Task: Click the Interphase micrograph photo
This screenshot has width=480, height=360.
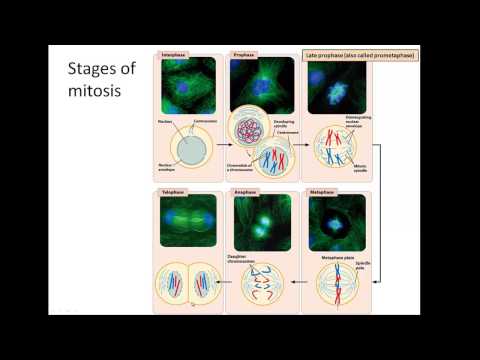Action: [x=189, y=85]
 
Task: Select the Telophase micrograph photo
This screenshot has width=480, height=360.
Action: [x=189, y=221]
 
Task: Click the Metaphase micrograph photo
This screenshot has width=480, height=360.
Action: [x=335, y=221]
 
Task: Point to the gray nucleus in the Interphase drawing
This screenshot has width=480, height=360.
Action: [x=186, y=144]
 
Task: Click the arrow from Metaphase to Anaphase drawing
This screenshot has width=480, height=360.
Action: [x=295, y=284]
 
